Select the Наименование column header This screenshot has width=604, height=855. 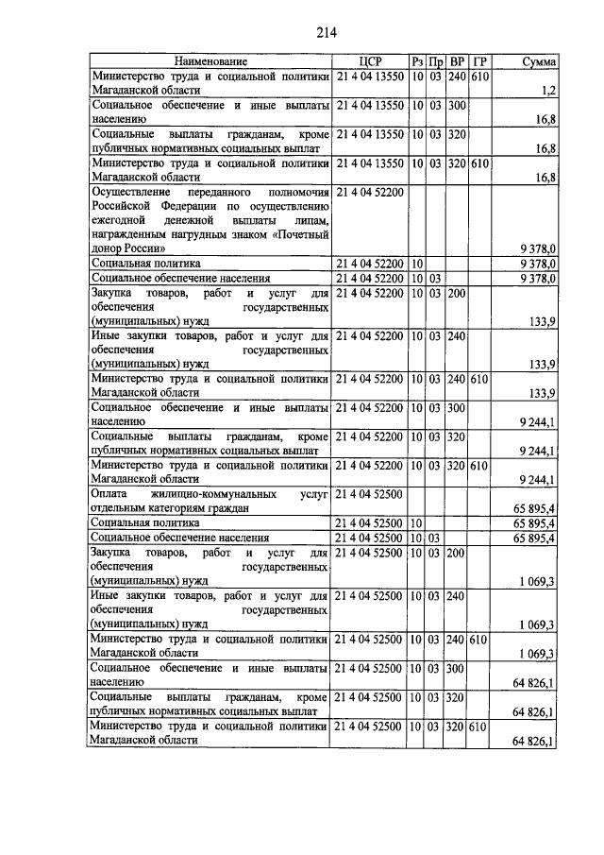[x=210, y=61]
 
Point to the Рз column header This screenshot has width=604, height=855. [x=417, y=61]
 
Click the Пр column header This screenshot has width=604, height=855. [x=436, y=61]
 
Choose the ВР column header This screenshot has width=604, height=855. [x=458, y=61]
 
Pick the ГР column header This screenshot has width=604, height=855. [x=479, y=61]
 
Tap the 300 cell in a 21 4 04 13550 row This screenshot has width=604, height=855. [x=458, y=105]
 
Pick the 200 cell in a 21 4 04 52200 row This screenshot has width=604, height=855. [x=458, y=294]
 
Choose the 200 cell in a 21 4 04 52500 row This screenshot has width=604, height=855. [x=458, y=554]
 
